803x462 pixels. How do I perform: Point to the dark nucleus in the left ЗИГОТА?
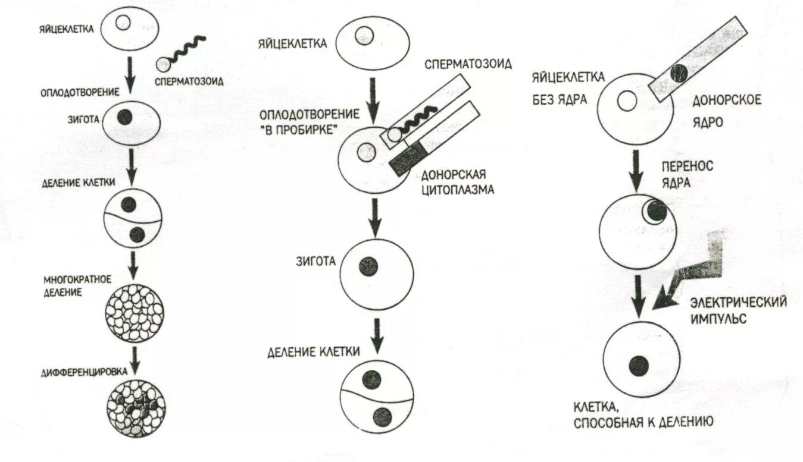pyautogui.click(x=124, y=117)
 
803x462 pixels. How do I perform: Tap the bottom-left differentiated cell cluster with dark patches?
pyautogui.click(x=135, y=408)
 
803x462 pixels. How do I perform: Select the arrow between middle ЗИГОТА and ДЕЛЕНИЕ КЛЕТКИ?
pyautogui.click(x=376, y=335)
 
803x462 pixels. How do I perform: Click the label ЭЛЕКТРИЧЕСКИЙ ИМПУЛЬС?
pyautogui.click(x=738, y=310)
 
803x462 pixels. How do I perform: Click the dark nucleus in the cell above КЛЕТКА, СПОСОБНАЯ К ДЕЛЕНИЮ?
pyautogui.click(x=639, y=364)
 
